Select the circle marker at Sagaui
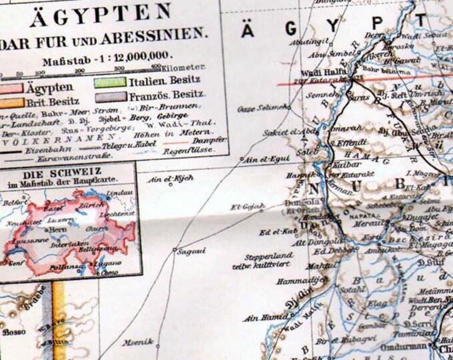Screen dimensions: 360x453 [175, 251]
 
